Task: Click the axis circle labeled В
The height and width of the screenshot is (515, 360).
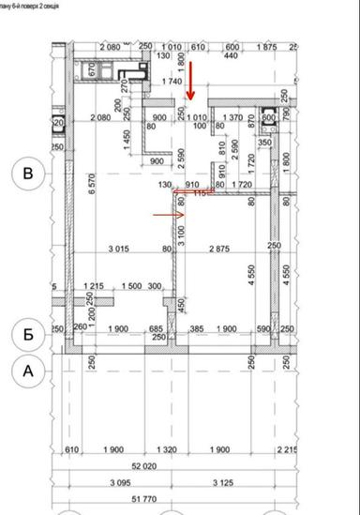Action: coord(28,174)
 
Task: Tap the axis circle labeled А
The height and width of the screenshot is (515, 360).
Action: coord(28,371)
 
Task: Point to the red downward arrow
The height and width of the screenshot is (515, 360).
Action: coord(189,82)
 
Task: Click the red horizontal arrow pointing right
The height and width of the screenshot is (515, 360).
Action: coord(169,215)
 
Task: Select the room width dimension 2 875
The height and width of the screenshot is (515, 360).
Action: coord(223,249)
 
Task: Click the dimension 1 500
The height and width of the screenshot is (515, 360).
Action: coord(132,286)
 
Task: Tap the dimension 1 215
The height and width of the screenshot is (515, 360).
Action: coord(93,286)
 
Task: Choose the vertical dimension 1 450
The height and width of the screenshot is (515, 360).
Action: coord(128,139)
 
